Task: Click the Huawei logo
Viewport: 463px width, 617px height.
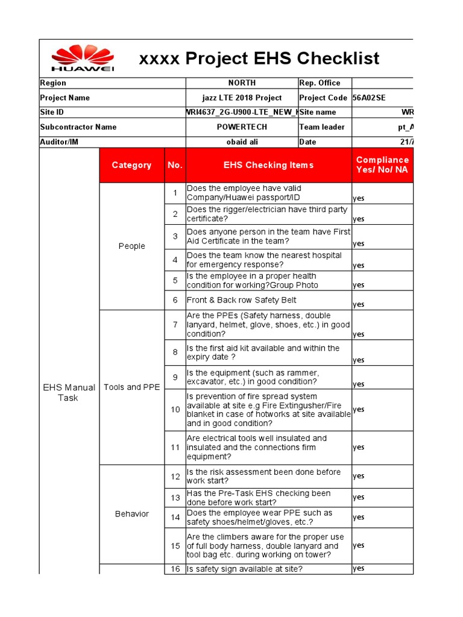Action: (83, 59)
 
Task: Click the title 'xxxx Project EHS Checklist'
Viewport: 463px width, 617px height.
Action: (259, 58)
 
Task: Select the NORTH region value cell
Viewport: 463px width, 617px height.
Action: (241, 83)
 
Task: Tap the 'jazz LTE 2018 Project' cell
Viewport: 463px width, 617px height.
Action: (241, 98)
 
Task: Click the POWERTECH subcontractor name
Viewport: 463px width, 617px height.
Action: (241, 127)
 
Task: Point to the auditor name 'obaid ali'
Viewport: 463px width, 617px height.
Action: (241, 142)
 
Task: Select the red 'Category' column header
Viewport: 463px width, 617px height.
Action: (131, 165)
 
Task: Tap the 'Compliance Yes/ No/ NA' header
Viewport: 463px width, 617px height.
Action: (382, 164)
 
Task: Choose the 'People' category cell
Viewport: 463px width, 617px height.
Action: (131, 246)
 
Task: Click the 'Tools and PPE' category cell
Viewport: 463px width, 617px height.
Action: (131, 387)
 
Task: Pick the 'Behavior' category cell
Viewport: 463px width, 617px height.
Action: (131, 513)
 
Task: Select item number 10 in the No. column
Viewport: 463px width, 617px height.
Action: (175, 410)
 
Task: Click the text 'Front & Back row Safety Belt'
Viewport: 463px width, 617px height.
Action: (241, 300)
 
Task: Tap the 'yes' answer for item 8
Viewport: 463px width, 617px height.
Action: (359, 360)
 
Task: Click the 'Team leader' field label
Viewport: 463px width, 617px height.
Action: (322, 127)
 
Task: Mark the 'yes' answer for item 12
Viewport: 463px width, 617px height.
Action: (359, 476)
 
